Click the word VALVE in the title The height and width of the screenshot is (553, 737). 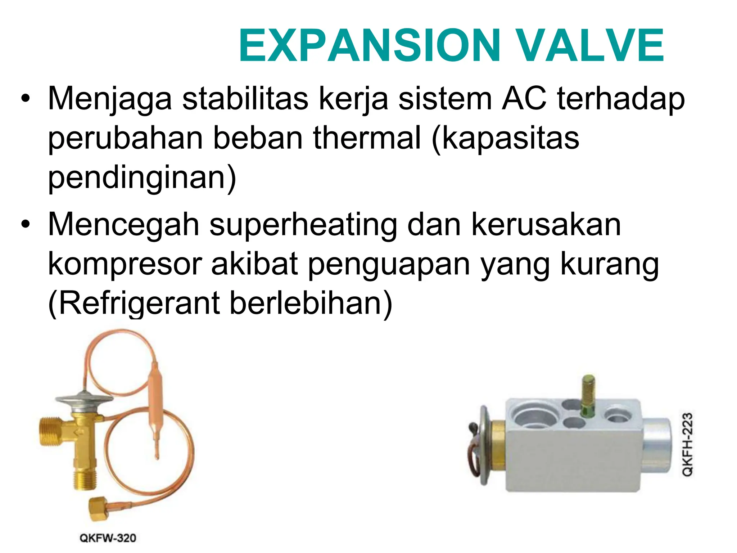(591, 46)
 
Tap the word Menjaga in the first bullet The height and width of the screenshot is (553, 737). (110, 99)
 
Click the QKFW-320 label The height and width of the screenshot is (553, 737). (108, 538)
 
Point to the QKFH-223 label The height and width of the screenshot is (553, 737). (688, 445)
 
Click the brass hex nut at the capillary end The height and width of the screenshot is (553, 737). (97, 509)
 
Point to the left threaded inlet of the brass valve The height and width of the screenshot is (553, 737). (50, 432)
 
